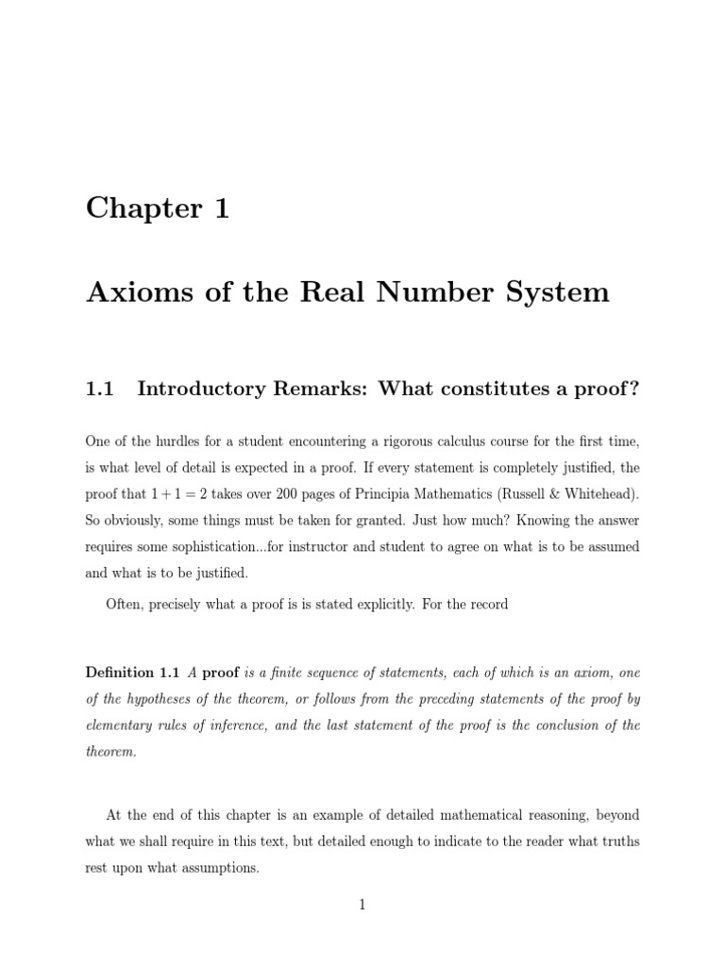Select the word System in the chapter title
(558, 292)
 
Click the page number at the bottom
(362, 906)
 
